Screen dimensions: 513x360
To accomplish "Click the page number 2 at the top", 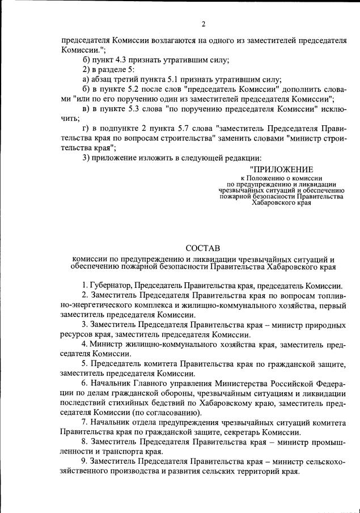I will [203, 24].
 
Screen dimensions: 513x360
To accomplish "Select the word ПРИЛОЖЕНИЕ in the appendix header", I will [281, 168].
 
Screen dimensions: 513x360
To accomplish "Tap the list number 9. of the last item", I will [84, 462].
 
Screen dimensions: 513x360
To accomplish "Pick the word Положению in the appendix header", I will [266, 177].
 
